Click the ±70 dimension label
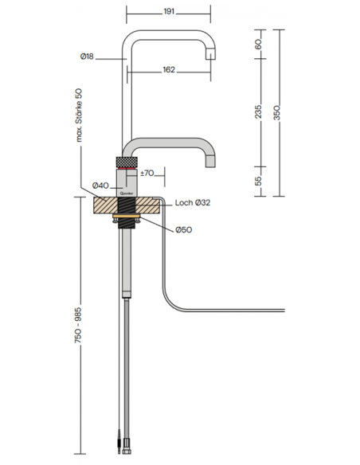[147, 173]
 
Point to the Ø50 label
[184, 230]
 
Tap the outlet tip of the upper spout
[211, 58]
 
